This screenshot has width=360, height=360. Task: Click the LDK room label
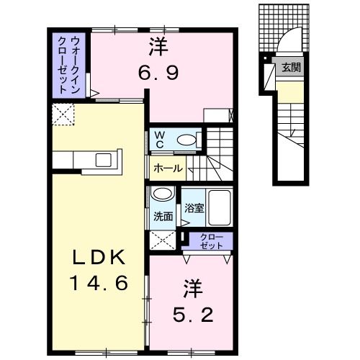point(100,257)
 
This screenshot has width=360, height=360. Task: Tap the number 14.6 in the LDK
point(100,282)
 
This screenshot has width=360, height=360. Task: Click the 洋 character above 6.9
point(159,48)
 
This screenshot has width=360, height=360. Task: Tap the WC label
point(158,139)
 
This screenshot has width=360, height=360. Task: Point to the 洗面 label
point(163,216)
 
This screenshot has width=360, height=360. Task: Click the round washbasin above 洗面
point(163,195)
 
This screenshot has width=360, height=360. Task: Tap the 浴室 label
point(192,208)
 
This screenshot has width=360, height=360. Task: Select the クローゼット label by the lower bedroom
point(207,241)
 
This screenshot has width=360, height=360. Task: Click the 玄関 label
point(291,68)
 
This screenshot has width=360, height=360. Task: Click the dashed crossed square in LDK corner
point(62,114)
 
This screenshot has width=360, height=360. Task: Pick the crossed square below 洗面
point(163,240)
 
